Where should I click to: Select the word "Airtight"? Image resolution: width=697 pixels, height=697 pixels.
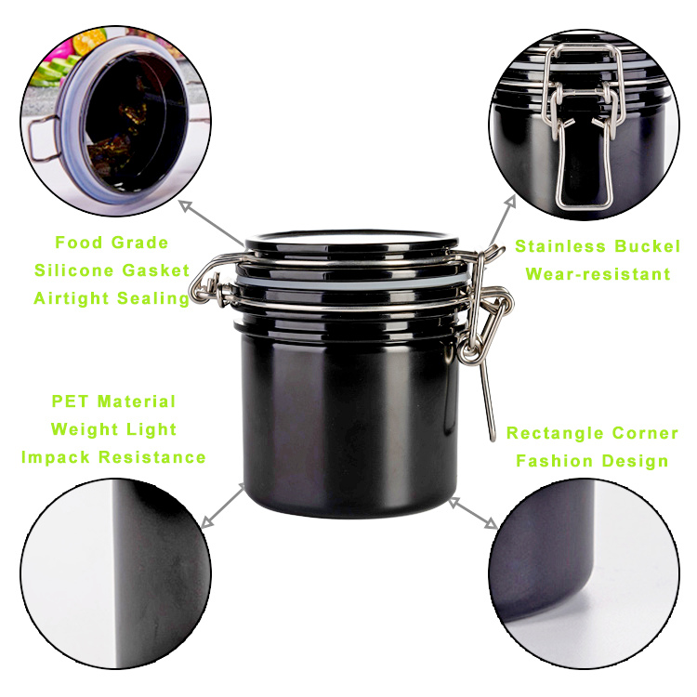click(72, 298)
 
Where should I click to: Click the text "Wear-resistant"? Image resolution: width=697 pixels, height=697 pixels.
click(598, 274)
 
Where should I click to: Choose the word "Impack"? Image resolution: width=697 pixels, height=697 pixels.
click(56, 457)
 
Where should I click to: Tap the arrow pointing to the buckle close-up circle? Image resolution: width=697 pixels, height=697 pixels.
click(502, 221)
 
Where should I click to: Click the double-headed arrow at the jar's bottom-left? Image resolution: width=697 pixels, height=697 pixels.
click(223, 506)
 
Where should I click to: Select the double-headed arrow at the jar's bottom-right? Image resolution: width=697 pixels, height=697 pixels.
click(473, 513)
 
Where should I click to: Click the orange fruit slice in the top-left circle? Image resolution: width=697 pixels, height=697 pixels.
click(89, 41)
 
